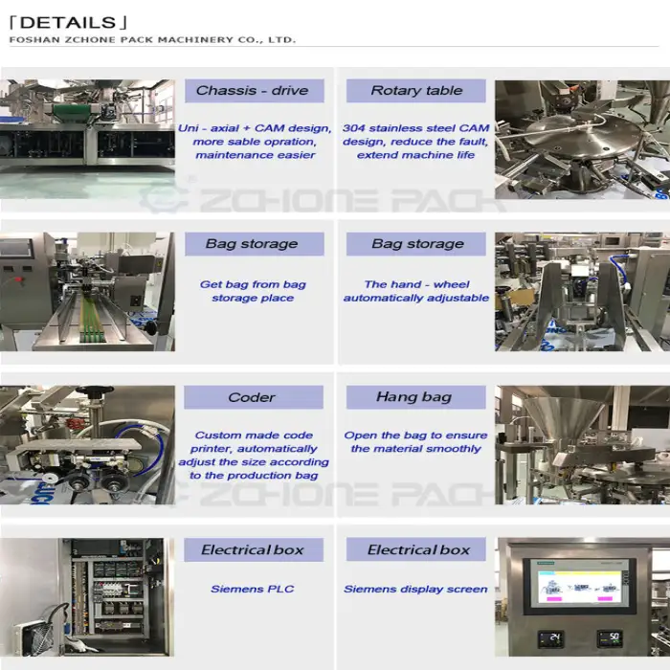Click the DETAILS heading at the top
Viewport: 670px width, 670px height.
[x=68, y=23]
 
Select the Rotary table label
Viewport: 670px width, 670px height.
[x=415, y=91]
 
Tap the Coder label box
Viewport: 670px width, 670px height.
[x=254, y=397]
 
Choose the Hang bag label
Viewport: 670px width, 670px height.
[x=415, y=397]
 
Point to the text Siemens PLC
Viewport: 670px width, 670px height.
[x=253, y=589]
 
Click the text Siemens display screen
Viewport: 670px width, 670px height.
[x=415, y=590]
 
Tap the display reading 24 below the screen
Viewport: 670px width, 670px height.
[x=550, y=638]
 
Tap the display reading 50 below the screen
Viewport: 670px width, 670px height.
[x=610, y=638]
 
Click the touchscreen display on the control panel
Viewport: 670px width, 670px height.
[x=579, y=586]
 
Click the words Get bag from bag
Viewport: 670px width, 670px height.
[x=253, y=284]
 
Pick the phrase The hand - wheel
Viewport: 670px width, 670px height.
[x=416, y=284]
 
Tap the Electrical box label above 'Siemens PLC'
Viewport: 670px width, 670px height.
[x=254, y=549]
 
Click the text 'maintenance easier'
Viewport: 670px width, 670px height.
[x=256, y=155]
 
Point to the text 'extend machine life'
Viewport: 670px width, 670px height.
[x=415, y=155]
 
